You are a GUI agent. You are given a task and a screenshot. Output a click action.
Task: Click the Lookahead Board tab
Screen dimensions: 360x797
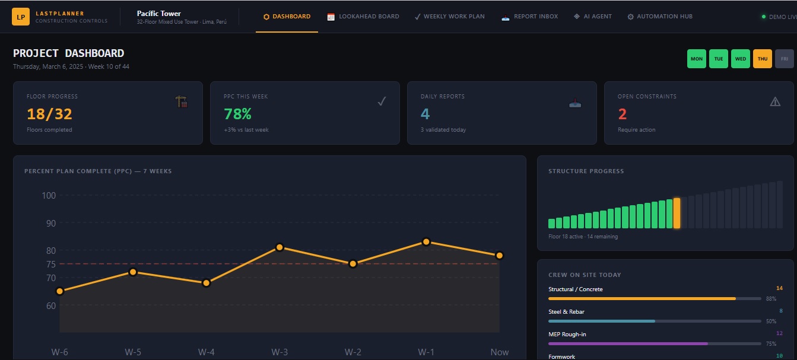point(363,17)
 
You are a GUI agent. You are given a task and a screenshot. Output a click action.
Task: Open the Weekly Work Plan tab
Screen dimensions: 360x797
point(449,17)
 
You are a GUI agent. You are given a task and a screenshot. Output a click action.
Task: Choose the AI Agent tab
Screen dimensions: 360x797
point(592,17)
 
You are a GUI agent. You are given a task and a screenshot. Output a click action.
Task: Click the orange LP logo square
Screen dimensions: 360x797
point(21,17)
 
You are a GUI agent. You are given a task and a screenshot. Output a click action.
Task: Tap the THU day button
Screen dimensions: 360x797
point(763,59)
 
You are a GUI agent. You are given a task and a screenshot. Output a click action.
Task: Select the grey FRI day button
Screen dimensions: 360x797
point(785,59)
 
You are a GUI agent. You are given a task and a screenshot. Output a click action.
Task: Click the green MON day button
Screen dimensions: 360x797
point(697,59)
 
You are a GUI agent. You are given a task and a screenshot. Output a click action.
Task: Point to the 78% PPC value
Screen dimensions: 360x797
point(237,114)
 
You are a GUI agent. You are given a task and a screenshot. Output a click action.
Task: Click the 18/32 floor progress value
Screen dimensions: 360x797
point(49,114)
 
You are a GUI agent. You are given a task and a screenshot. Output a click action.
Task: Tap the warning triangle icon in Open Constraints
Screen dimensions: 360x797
point(775,101)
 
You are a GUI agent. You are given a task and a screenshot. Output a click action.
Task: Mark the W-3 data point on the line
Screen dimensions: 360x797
point(280,247)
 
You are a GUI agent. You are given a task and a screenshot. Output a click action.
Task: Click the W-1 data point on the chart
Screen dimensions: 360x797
point(426,242)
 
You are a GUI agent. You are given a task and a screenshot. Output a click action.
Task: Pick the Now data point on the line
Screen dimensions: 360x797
point(500,256)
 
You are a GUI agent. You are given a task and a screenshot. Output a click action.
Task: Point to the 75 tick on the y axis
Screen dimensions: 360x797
point(50,264)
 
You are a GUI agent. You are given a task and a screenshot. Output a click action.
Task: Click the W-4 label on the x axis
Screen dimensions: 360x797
point(206,352)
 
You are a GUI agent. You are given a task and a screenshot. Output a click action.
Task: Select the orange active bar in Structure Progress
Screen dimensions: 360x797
point(677,213)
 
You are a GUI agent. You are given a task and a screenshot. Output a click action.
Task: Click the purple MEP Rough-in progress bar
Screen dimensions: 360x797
point(628,343)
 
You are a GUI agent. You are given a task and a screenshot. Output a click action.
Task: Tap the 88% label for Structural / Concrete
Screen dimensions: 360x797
point(771,299)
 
